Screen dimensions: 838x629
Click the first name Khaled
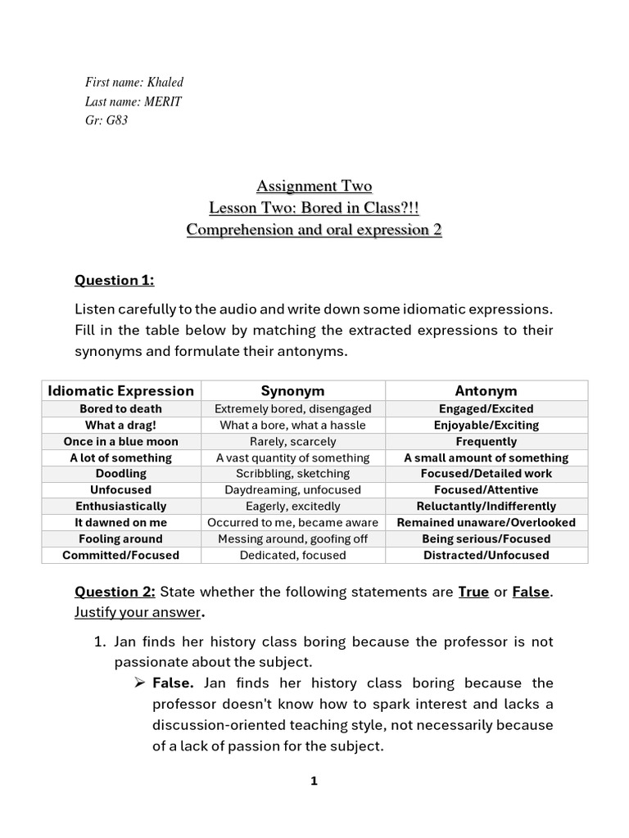click(x=164, y=82)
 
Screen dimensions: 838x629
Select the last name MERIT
click(x=163, y=101)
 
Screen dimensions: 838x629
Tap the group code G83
click(x=117, y=120)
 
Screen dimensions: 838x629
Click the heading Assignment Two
click(x=314, y=186)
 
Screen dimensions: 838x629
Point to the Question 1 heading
click(x=115, y=280)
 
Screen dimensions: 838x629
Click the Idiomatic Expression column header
click(x=121, y=390)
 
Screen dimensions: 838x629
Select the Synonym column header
click(x=292, y=390)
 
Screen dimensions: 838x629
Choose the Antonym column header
click(x=486, y=390)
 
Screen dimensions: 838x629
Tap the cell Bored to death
click(x=121, y=408)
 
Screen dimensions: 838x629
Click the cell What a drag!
click(x=121, y=425)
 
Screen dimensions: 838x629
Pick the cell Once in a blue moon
click(x=121, y=441)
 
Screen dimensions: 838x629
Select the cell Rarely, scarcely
click(x=292, y=441)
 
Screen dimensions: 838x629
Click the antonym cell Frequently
click(x=486, y=441)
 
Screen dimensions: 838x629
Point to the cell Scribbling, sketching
click(x=292, y=473)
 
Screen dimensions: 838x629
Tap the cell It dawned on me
click(x=121, y=522)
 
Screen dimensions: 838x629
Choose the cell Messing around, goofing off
click(x=292, y=538)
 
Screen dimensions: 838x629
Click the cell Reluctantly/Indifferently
click(x=486, y=506)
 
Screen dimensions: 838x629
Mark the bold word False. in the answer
click(x=174, y=683)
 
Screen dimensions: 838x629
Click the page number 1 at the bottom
click(x=314, y=782)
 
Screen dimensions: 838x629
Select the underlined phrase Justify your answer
click(x=137, y=611)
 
